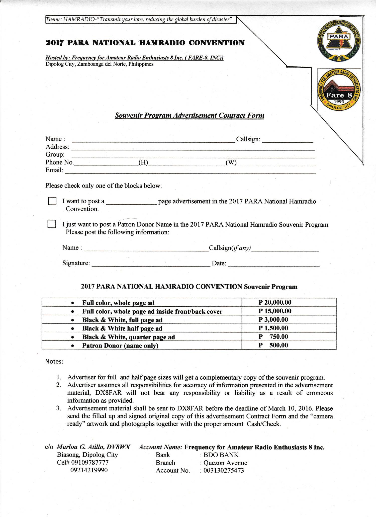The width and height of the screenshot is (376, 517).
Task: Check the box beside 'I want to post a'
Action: (52, 201)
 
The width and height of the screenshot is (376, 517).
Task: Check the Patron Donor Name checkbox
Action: (52, 224)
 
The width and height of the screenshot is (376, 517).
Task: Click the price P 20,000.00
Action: (275, 302)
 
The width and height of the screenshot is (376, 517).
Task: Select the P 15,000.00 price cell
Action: (275, 311)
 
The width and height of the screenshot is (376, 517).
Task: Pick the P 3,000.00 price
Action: (273, 319)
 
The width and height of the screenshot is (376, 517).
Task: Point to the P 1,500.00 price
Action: (273, 328)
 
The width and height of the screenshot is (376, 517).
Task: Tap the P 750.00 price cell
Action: (273, 336)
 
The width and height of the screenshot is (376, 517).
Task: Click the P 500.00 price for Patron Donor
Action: (273, 345)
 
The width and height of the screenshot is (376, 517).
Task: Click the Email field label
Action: (54, 170)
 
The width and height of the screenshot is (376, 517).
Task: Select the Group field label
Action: (55, 154)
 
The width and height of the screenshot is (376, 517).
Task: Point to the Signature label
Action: (76, 263)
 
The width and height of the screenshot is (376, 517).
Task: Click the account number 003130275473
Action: (224, 470)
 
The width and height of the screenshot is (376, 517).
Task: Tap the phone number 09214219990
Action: (89, 470)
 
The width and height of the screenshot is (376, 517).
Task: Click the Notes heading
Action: (54, 362)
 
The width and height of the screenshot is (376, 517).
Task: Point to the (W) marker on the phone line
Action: (231, 162)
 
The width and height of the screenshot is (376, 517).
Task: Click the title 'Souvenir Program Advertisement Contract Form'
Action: (189, 115)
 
